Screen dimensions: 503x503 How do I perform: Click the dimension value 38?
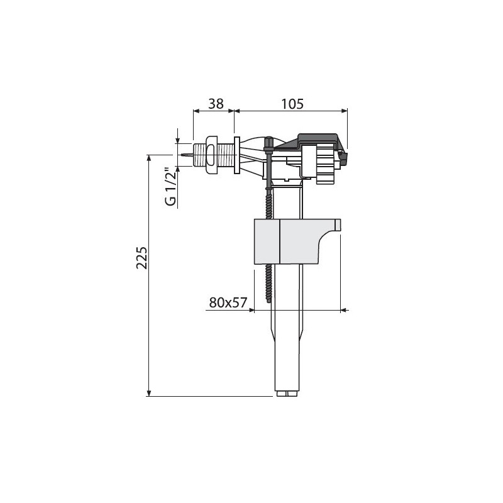[216, 104]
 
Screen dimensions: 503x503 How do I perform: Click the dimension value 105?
[292, 104]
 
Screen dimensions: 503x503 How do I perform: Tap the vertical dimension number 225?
[141, 258]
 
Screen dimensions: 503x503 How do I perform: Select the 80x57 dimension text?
[228, 302]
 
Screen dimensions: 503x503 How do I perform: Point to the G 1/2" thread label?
[170, 187]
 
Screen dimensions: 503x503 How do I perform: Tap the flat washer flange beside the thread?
[237, 155]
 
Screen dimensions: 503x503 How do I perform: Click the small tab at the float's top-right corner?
[337, 224]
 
